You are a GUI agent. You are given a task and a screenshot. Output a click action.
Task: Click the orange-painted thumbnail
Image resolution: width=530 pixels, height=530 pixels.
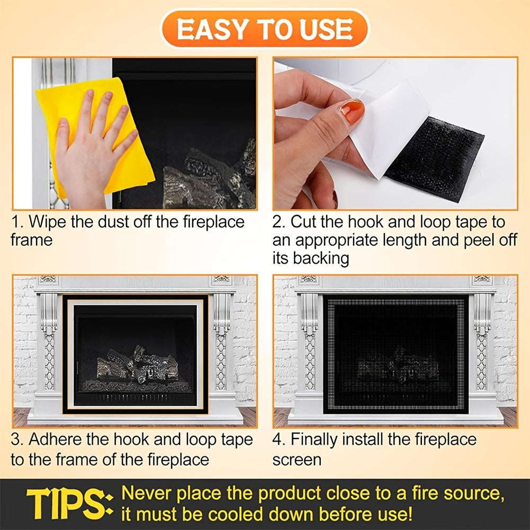(x=352, y=111)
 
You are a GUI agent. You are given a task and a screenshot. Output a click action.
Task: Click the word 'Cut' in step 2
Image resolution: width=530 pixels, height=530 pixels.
(x=304, y=221)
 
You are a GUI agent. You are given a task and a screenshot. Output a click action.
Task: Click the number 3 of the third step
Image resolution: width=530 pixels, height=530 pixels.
(x=15, y=439)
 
